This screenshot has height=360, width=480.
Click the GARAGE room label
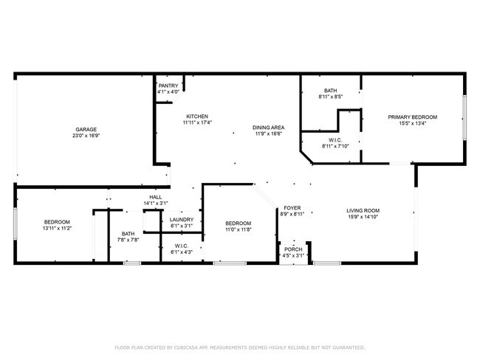86,129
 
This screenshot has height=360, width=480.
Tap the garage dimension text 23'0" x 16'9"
86,136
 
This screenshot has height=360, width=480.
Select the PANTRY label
168,86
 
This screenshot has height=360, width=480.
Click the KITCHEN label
197,117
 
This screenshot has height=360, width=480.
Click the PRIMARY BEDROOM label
413,117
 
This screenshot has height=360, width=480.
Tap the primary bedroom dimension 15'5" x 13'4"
413,124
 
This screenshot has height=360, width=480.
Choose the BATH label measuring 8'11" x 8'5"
330,90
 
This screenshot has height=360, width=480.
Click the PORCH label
293,249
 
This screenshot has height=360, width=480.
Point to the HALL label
155,197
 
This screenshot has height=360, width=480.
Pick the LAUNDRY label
182,219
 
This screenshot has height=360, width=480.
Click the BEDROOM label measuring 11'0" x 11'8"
238,224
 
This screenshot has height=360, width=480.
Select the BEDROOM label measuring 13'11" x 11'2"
57,222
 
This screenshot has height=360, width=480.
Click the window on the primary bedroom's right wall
464,118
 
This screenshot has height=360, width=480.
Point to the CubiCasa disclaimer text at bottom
239,347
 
